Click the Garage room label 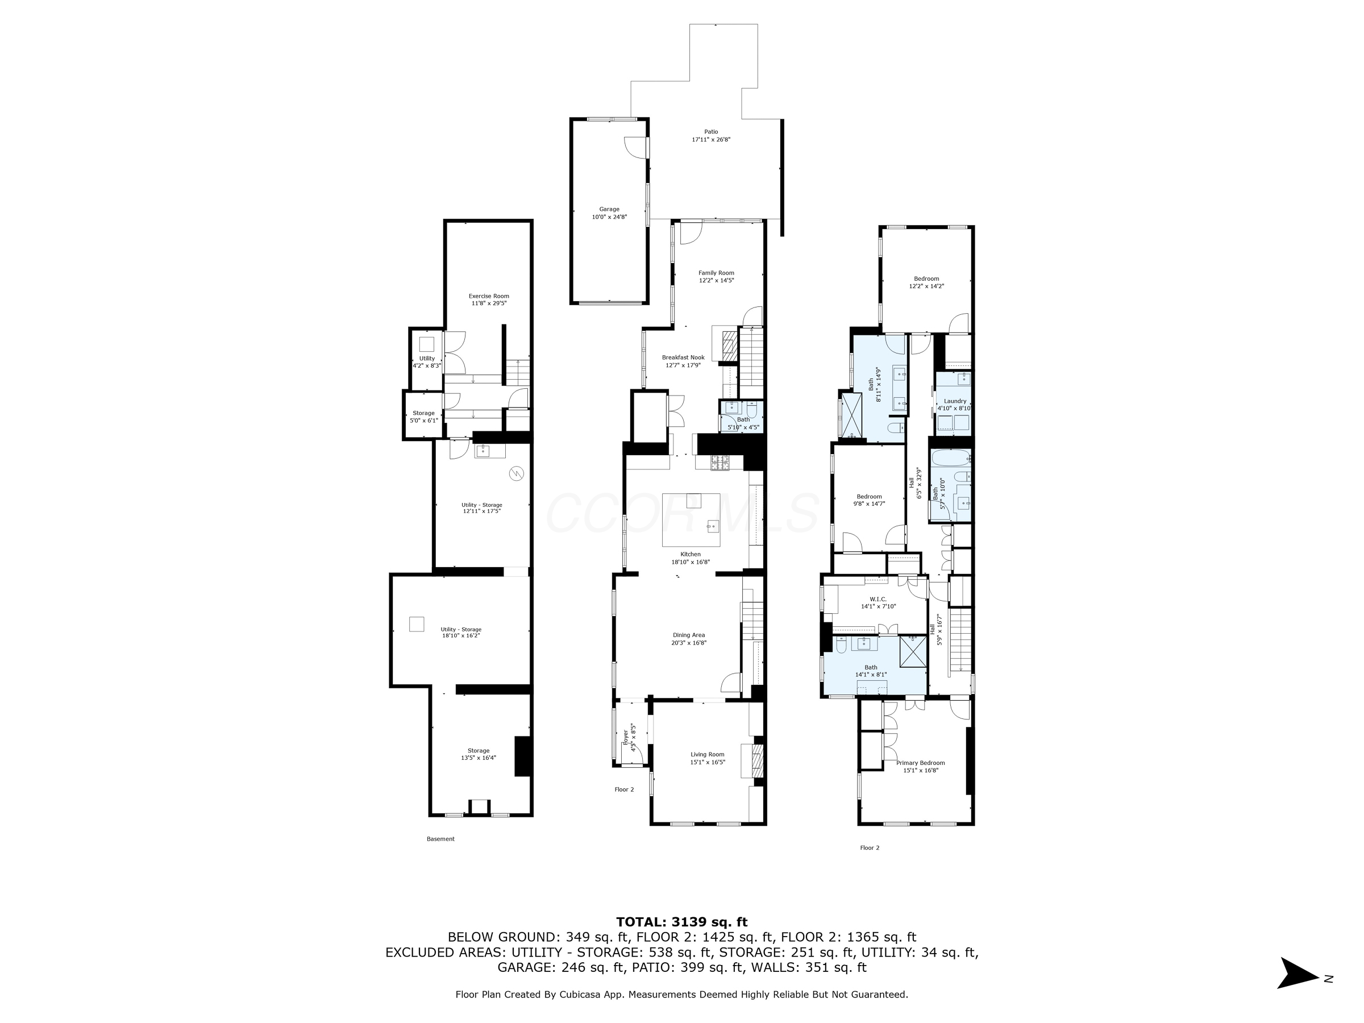coord(609,209)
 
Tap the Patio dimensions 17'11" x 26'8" coord(711,139)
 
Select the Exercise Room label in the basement coord(488,296)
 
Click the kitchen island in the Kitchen coord(691,519)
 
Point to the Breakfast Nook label coord(683,357)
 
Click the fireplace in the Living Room coord(756,760)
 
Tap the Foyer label coord(625,738)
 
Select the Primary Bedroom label coord(920,763)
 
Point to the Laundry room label coord(955,401)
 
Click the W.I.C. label coord(878,600)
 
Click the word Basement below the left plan coord(440,839)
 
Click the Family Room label coord(716,273)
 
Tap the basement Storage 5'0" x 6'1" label coord(423,413)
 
